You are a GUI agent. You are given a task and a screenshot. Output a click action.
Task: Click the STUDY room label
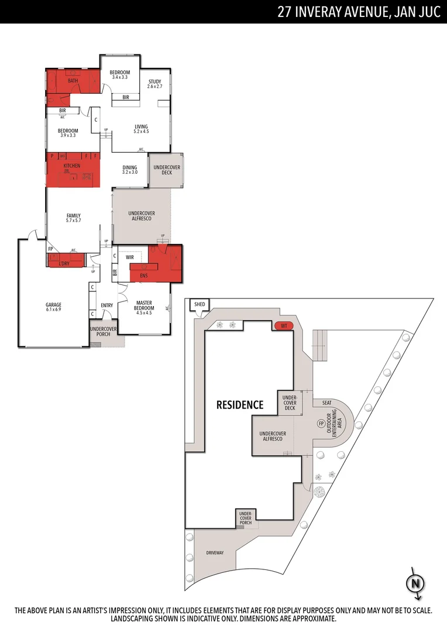click(x=154, y=81)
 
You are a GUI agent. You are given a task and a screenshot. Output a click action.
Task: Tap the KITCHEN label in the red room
click(x=71, y=166)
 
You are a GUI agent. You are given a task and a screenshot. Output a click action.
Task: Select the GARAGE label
click(x=53, y=304)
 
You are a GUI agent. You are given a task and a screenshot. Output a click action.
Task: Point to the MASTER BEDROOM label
click(x=144, y=305)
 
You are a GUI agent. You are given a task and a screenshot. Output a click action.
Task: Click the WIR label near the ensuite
click(x=130, y=257)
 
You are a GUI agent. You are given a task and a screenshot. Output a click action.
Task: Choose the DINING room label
click(x=130, y=168)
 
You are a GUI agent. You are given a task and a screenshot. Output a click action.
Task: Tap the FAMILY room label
click(x=73, y=215)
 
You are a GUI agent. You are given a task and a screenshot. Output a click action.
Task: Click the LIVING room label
click(x=141, y=126)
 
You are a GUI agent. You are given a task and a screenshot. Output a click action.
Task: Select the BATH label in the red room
click(x=73, y=81)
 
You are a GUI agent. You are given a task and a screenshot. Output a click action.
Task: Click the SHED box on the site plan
click(x=200, y=304)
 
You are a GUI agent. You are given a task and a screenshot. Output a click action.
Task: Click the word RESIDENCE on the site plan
click(x=240, y=404)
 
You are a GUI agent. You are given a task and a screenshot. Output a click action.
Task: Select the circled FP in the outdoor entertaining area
click(x=321, y=423)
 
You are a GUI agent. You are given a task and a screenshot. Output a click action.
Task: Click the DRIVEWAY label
click(x=215, y=553)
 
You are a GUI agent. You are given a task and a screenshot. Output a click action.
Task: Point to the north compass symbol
click(x=415, y=583)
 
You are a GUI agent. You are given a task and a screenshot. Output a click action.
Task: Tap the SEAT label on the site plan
click(x=326, y=403)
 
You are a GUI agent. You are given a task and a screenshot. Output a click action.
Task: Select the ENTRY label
click(x=106, y=305)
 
